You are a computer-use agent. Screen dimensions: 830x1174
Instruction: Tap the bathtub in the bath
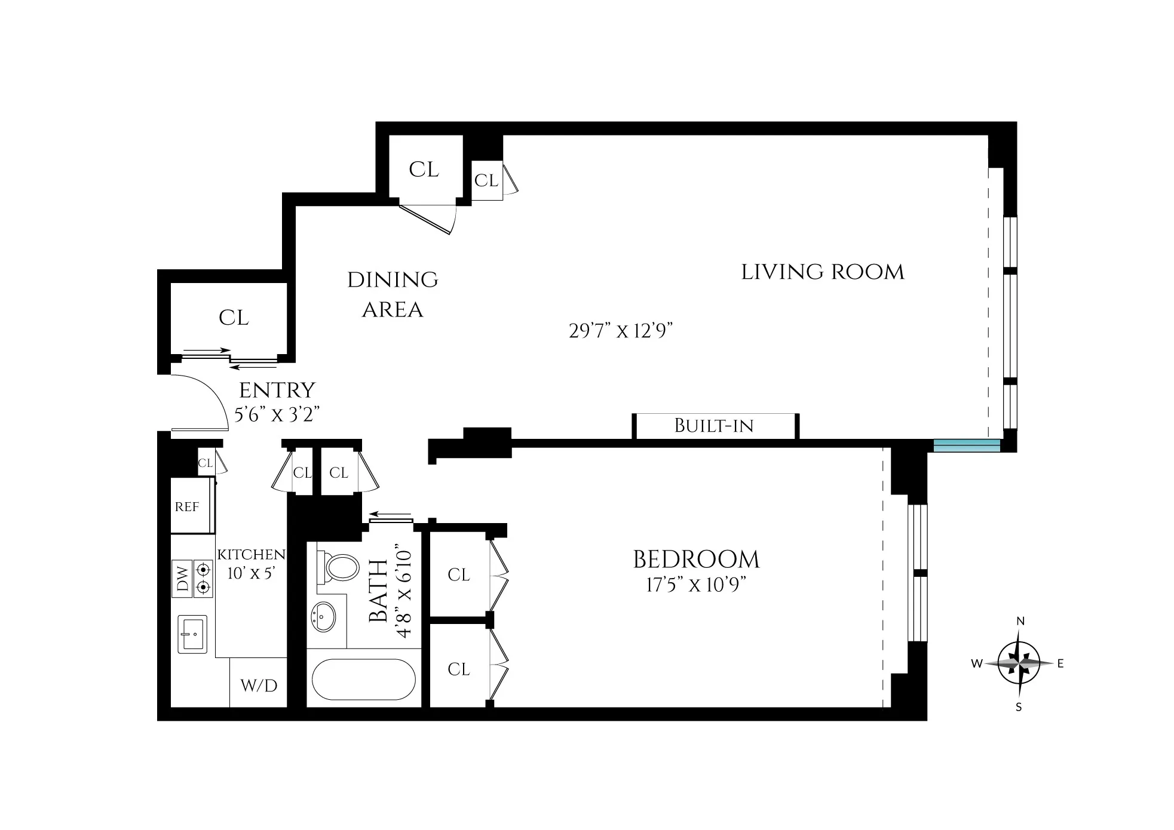(363, 680)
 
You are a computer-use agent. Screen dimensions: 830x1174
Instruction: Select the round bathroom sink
(324, 615)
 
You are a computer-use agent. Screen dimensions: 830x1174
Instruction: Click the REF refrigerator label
(186, 507)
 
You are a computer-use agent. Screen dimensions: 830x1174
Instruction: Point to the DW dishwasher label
(183, 579)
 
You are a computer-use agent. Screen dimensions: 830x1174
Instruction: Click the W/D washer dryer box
(259, 685)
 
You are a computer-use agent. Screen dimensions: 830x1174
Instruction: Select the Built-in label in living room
(714, 426)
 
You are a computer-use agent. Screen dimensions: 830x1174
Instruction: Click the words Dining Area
(393, 294)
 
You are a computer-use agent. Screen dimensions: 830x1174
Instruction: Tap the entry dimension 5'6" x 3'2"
(277, 414)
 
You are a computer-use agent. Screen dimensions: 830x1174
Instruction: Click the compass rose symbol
(1019, 663)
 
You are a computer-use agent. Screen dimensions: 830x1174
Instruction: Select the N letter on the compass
(1020, 622)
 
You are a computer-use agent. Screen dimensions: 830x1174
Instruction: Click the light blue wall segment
(967, 445)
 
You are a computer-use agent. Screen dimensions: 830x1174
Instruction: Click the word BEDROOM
(696, 560)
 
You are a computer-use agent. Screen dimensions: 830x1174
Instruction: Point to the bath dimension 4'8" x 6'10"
(404, 595)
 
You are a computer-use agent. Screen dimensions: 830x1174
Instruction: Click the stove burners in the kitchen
(204, 578)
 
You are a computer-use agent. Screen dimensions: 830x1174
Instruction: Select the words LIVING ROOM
(823, 272)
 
